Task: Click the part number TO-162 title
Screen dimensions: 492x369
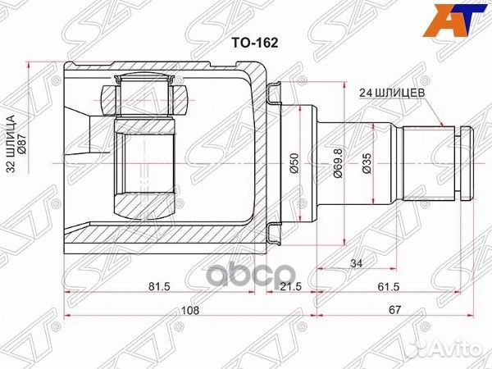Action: [x=254, y=43]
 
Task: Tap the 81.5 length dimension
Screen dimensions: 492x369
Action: [x=159, y=286]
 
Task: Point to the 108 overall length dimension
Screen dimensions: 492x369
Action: [x=190, y=311]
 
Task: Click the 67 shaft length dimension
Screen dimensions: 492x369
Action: [x=395, y=311]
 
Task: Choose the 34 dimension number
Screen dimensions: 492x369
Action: [x=357, y=263]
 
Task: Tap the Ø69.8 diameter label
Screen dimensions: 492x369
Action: [x=338, y=163]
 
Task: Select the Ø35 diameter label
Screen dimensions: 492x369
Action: [x=367, y=163]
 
